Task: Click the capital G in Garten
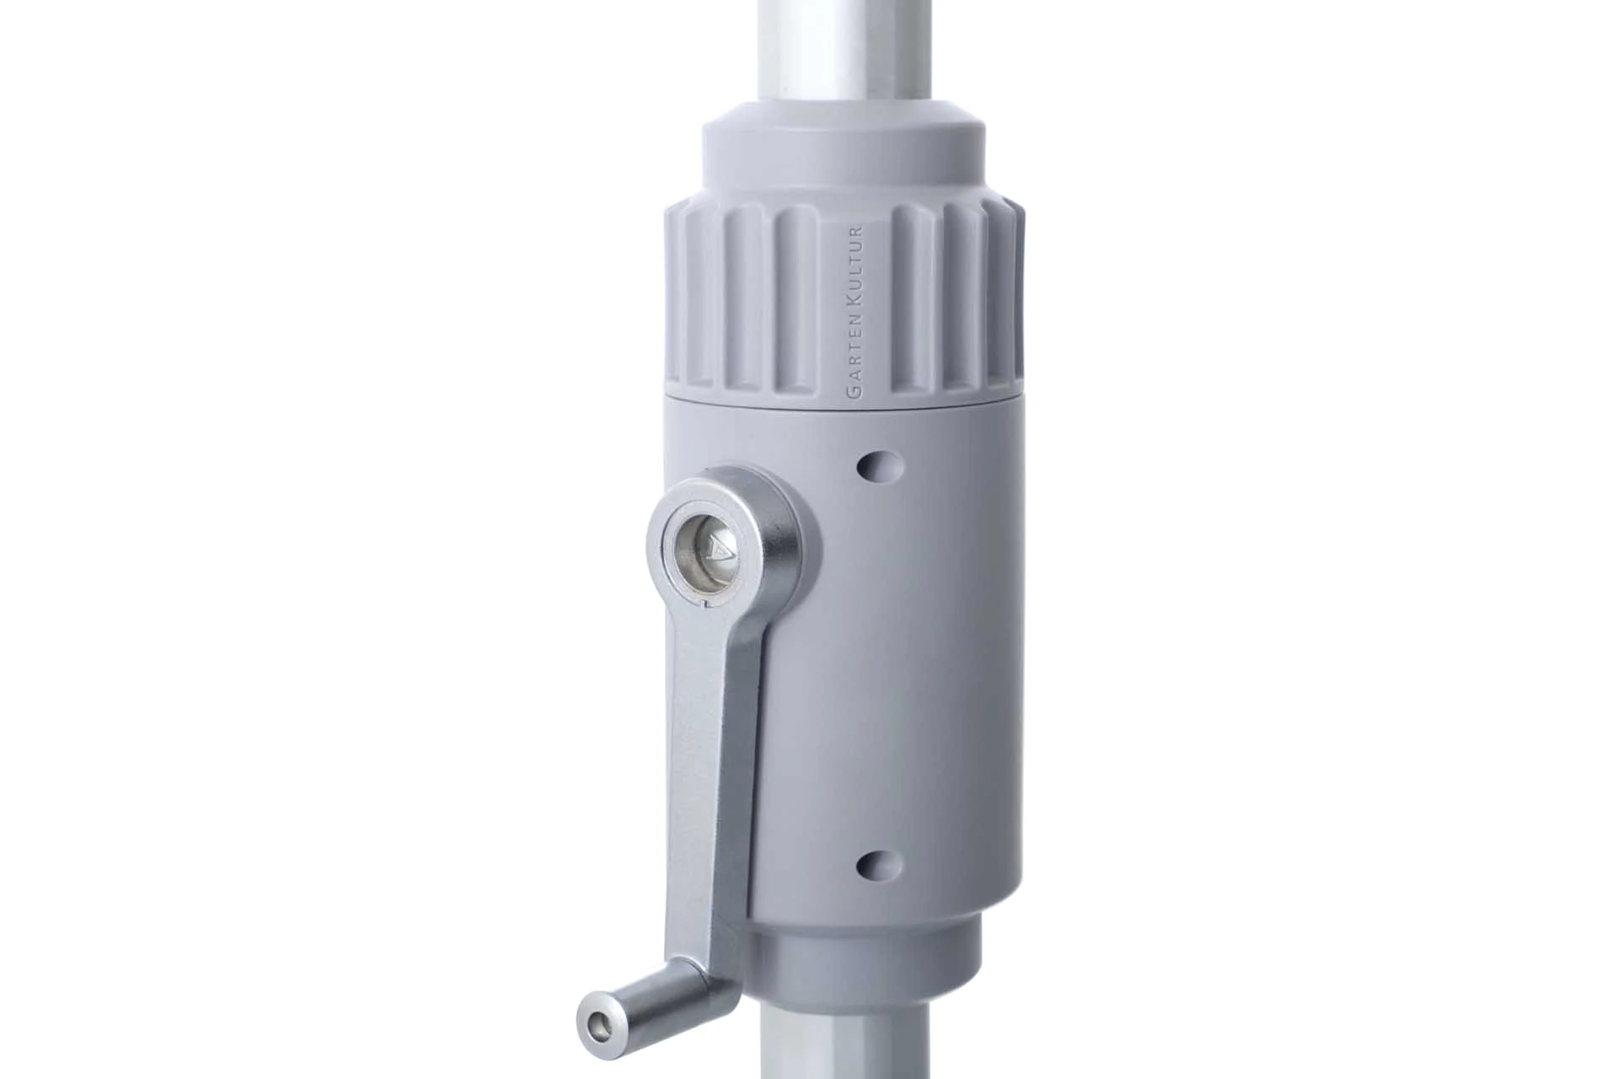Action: [x=856, y=393]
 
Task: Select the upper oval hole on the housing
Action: [x=880, y=464]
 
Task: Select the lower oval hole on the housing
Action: [x=880, y=863]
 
